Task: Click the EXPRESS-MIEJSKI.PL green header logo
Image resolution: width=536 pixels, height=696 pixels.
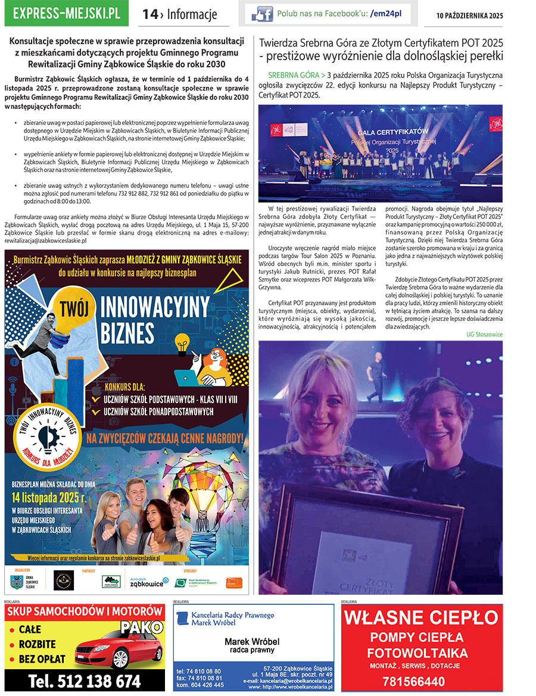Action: click(66, 14)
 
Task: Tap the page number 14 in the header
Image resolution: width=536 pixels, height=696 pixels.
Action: click(149, 14)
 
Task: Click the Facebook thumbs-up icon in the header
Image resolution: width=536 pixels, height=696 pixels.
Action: click(262, 14)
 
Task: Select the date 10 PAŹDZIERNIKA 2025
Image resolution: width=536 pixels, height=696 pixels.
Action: click(469, 15)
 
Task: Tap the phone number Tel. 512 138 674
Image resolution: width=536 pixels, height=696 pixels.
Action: click(85, 681)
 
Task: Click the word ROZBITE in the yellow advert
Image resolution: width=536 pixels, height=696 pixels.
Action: click(37, 644)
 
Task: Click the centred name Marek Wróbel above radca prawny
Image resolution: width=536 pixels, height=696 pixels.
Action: click(252, 642)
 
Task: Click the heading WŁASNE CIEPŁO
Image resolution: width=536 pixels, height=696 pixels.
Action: click(422, 616)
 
